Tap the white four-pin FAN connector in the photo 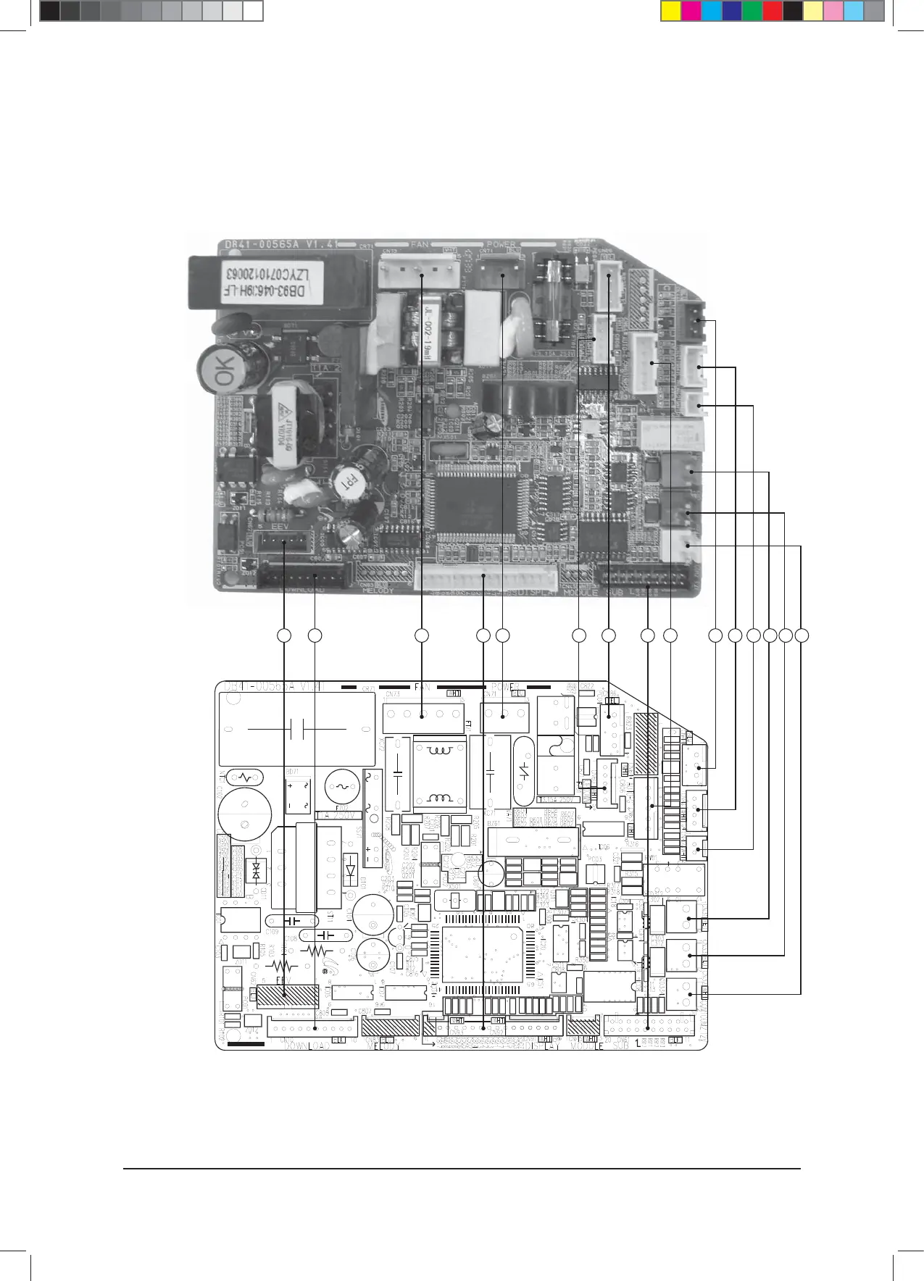420,274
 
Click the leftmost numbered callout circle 284,635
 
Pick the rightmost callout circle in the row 801,635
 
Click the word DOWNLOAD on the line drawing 307,1046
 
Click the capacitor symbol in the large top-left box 296,728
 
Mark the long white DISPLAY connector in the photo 486,577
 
